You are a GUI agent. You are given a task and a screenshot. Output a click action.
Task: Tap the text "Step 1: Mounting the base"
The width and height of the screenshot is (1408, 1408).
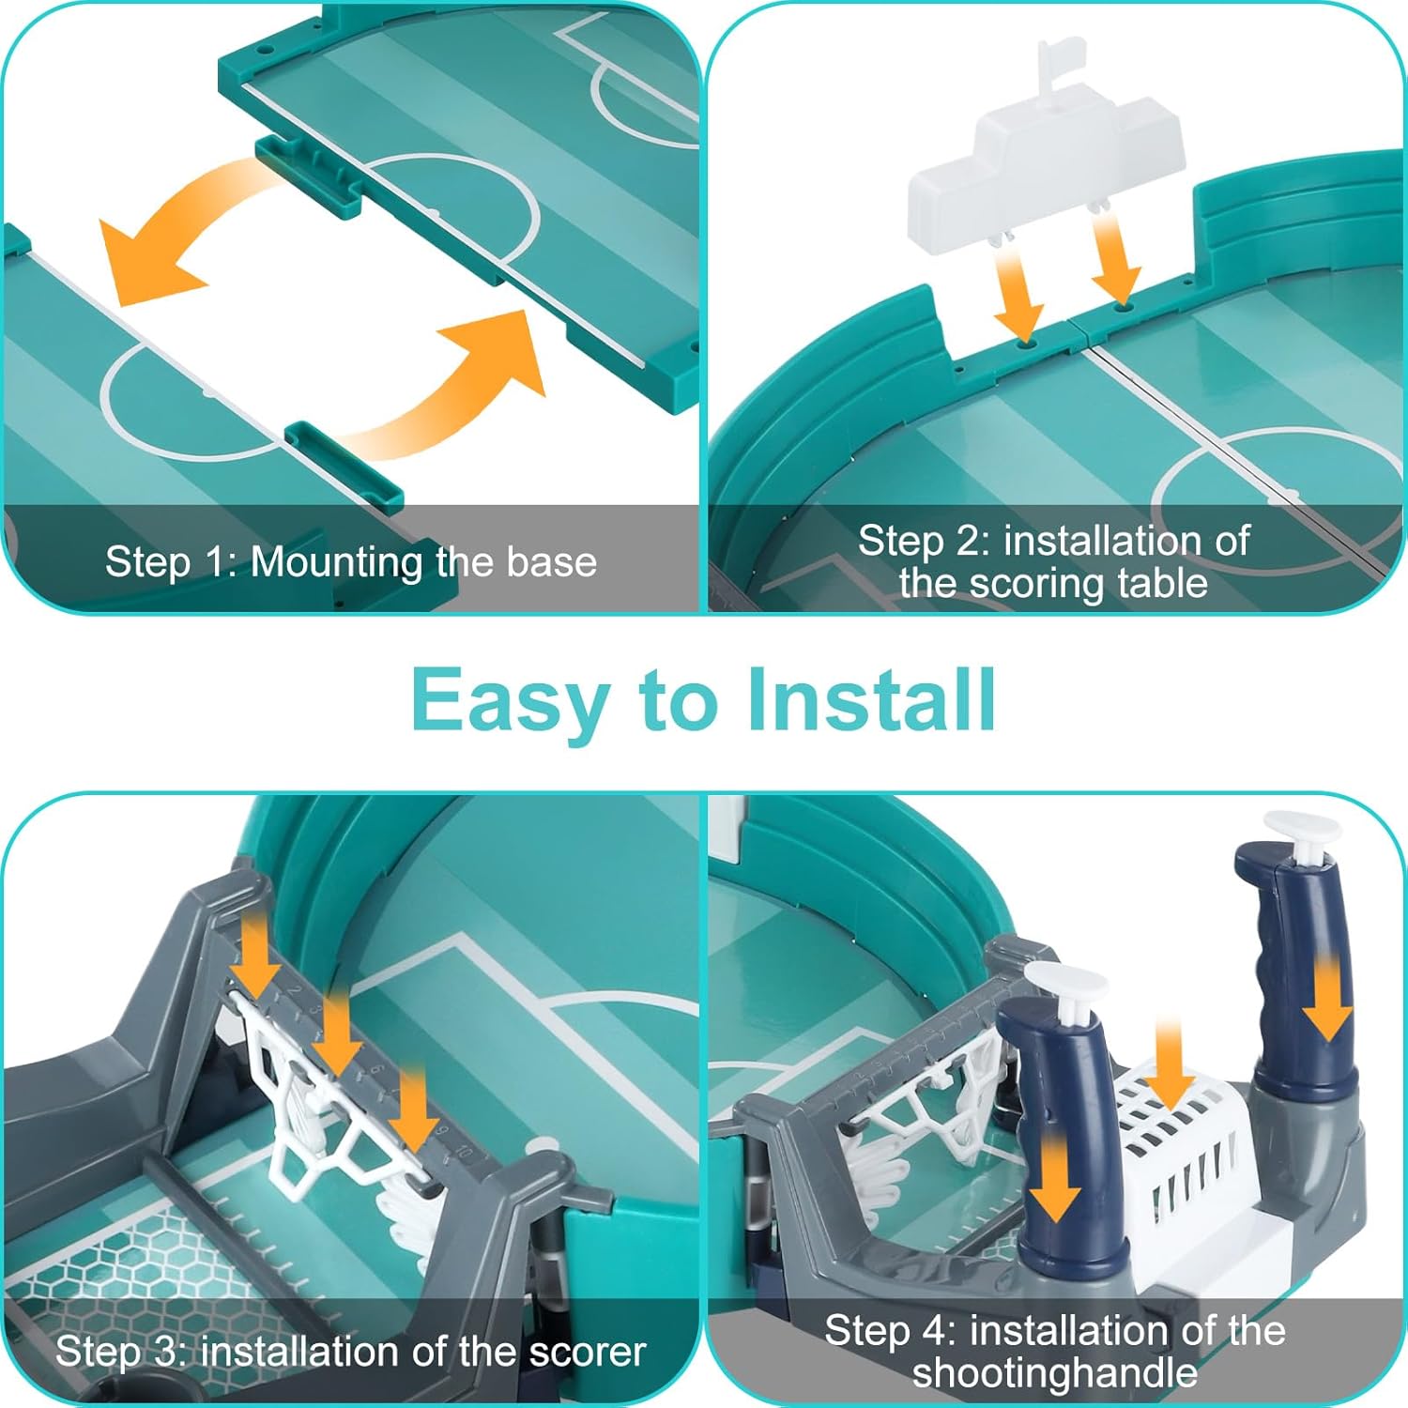(x=351, y=562)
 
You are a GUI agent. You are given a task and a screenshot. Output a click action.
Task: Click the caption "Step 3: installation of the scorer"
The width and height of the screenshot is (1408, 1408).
(x=350, y=1352)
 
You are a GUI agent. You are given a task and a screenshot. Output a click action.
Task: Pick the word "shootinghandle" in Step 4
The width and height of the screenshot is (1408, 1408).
(x=1055, y=1373)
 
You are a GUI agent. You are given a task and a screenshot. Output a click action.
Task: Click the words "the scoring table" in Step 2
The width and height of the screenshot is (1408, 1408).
(x=1053, y=583)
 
